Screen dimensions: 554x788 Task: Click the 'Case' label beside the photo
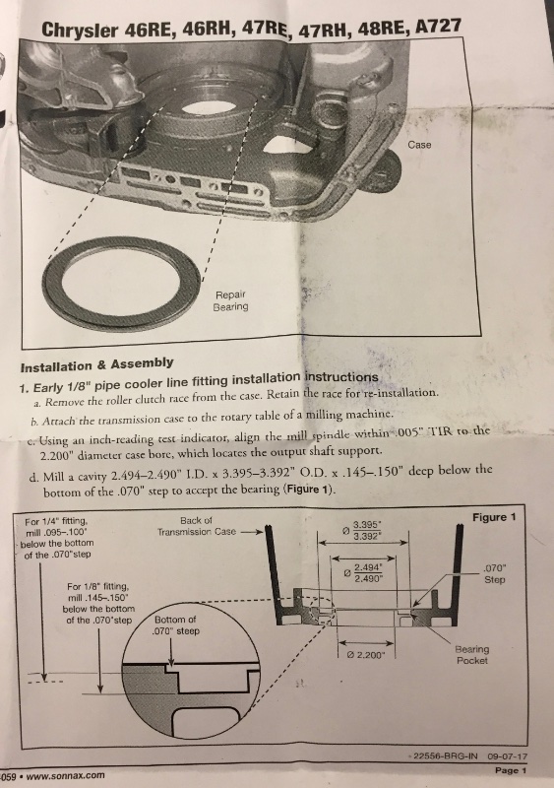[x=419, y=145]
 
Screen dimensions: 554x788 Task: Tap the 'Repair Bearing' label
[x=230, y=300]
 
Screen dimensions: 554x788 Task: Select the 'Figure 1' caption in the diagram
[x=494, y=517]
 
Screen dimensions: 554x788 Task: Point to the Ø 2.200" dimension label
[x=366, y=655]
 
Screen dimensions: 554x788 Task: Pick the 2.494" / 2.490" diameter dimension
[x=364, y=573]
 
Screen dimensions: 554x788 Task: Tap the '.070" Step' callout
[x=494, y=574]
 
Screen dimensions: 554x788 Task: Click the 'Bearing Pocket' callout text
[x=471, y=655]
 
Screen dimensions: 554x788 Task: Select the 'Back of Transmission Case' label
[x=197, y=526]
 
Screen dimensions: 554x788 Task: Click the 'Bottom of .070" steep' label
[x=176, y=625]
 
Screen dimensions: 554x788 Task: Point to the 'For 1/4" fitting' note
[x=57, y=538]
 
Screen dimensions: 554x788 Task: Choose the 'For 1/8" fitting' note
[x=98, y=603]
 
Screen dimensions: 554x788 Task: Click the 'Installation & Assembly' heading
[x=97, y=364]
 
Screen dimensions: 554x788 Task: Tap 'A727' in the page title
[x=439, y=26]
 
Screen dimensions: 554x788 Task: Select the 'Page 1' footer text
[x=511, y=770]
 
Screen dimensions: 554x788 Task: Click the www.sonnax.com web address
[x=65, y=775]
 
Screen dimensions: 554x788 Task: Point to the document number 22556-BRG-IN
[x=445, y=755]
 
